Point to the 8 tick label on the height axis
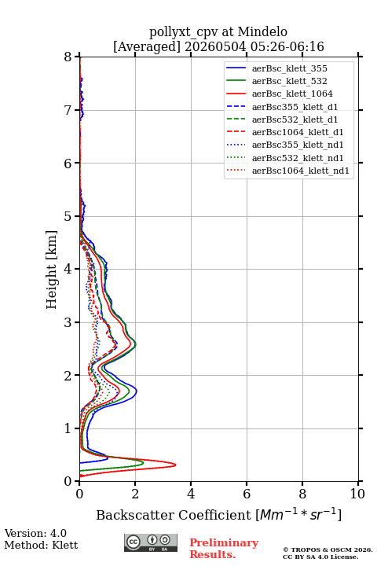pos(68,57)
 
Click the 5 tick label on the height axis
pos(68,216)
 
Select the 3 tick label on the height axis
pos(68,322)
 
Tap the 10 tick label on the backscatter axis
pos(357,494)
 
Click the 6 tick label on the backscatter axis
pos(247,494)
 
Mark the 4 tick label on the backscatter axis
pos(191,494)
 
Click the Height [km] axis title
pos(52,270)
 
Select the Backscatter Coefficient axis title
pos(218,514)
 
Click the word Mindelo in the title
pos(262,31)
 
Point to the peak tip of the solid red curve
pos(176,465)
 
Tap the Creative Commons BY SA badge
pos(151,542)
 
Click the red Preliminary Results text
pos(224,548)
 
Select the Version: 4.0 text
pos(35,533)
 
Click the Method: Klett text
pos(41,545)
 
